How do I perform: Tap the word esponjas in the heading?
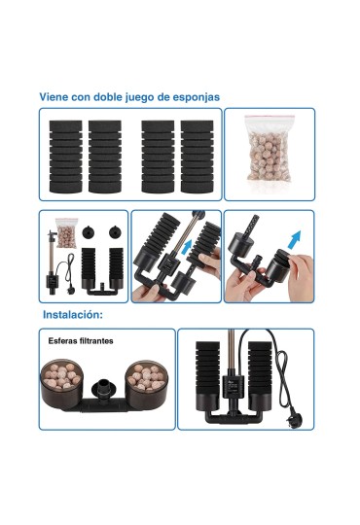[197, 97]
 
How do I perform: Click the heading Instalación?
[73, 315]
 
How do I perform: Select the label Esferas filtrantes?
[81, 341]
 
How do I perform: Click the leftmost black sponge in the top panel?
[66, 157]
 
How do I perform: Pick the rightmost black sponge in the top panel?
[198, 157]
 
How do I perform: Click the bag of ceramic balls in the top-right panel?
[270, 149]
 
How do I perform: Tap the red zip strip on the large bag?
[270, 118]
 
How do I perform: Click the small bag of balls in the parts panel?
[67, 232]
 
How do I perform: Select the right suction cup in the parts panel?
[116, 232]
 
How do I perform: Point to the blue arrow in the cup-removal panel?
[294, 239]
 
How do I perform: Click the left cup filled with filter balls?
[61, 384]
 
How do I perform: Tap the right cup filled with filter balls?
[147, 384]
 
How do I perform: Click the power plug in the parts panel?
[71, 290]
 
